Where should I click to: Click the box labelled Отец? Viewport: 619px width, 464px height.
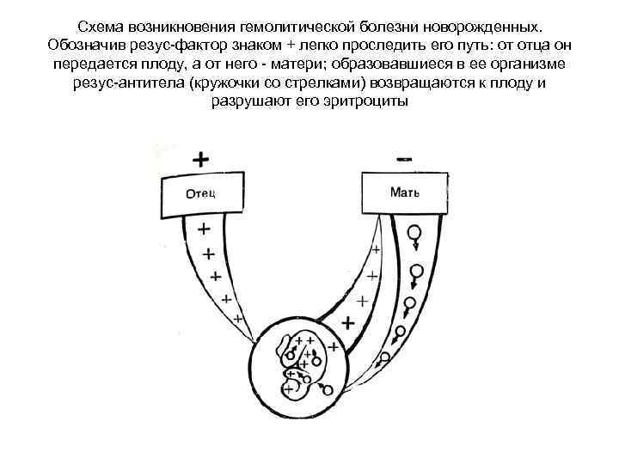pyautogui.click(x=200, y=193)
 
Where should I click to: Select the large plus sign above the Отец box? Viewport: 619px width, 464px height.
pyautogui.click(x=200, y=160)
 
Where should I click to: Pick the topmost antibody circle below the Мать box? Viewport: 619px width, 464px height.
pyautogui.click(x=414, y=231)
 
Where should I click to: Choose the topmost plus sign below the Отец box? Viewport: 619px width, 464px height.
pyautogui.click(x=203, y=229)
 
